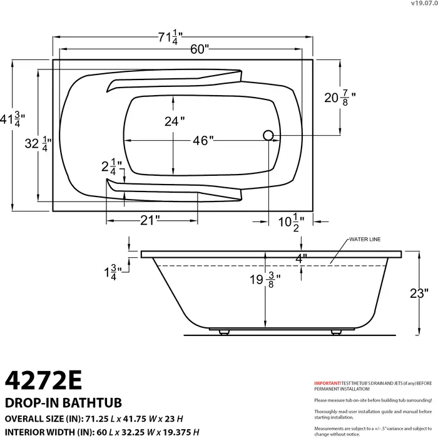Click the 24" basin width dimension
pyautogui.click(x=175, y=121)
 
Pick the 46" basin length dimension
pyautogui.click(x=203, y=141)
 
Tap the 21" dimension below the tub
pyautogui.click(x=150, y=220)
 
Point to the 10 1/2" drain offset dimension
pyautogui.click(x=291, y=220)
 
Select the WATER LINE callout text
pyautogui.click(x=365, y=240)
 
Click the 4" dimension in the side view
pyautogui.click(x=301, y=258)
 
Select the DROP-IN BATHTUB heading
pyautogui.click(x=63, y=402)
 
